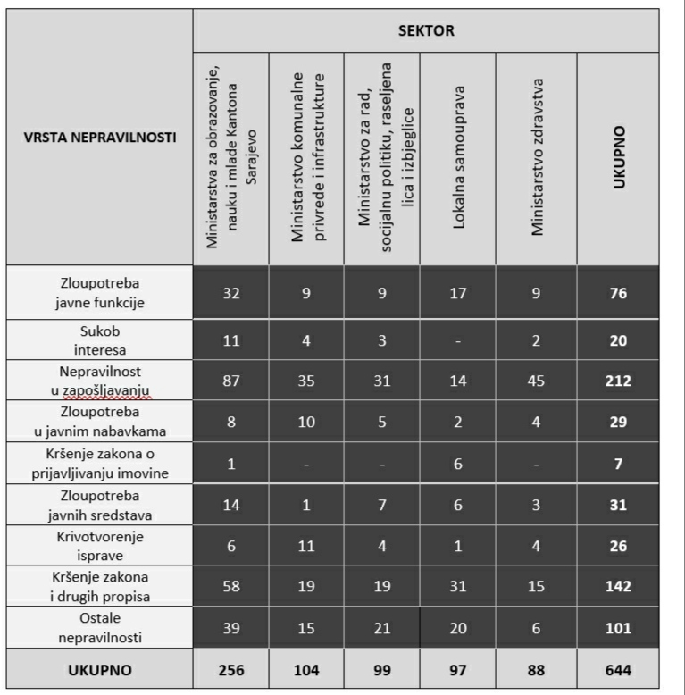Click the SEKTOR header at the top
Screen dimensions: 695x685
tap(426, 31)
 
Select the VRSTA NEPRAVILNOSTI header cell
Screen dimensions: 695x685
tap(100, 138)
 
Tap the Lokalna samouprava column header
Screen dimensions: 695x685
tap(458, 157)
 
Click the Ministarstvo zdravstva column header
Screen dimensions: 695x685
tap(537, 157)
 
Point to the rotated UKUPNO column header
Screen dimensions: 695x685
tap(618, 157)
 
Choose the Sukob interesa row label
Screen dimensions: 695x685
tap(99, 340)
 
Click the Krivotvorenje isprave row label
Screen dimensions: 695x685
tap(99, 545)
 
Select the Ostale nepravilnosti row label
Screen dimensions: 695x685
tap(99, 628)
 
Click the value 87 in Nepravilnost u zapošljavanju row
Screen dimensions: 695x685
tap(230, 381)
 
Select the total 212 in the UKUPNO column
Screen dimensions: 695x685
tap(618, 381)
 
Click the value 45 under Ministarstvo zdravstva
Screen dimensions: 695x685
tap(536, 381)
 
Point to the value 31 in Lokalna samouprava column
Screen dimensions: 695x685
tap(457, 586)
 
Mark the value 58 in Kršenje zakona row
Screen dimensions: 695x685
tap(230, 586)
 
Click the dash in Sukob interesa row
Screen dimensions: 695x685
tap(457, 340)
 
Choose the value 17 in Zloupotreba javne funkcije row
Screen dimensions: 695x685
tap(457, 292)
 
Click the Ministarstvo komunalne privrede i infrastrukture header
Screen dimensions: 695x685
tap(306, 157)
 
